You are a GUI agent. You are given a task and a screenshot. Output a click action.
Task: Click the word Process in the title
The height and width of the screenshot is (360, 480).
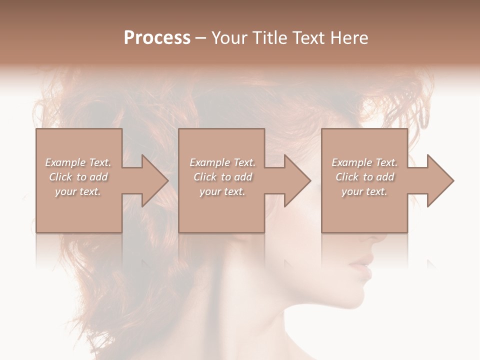pos(157,38)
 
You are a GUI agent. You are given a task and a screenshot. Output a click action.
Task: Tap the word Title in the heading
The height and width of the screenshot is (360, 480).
pos(270,38)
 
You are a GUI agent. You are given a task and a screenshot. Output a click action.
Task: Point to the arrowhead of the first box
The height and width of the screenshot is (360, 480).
pos(152,180)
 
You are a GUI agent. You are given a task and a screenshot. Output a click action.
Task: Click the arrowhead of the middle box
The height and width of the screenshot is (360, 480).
pos(294,180)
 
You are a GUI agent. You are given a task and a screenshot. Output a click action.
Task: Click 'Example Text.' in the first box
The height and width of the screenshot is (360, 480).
pos(78,162)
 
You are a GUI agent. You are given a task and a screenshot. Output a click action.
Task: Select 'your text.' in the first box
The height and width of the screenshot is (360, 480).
pos(78,191)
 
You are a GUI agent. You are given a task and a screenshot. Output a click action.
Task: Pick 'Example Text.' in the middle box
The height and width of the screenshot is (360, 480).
pos(222,162)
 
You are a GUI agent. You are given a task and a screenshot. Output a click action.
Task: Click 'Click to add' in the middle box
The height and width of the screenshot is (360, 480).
pos(222,177)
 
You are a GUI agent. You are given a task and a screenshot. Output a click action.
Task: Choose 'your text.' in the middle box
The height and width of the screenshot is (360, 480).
pos(222,191)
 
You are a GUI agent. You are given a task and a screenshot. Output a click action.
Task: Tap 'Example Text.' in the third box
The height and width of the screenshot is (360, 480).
pos(364,162)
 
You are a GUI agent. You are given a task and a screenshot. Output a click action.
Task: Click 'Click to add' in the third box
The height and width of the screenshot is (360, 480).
pos(364,177)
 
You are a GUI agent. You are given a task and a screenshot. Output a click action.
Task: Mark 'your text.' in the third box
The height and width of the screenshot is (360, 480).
pos(364,191)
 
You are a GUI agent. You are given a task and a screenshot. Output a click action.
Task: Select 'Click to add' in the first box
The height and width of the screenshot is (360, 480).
pos(78,177)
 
